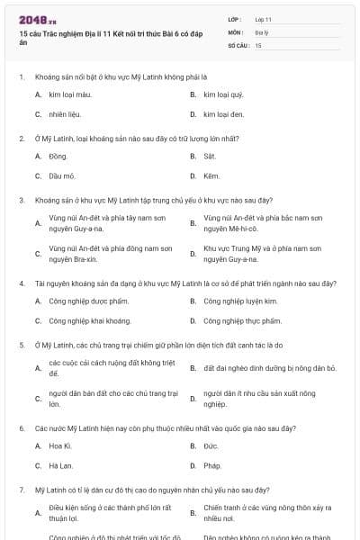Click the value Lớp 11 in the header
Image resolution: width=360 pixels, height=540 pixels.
(x=264, y=18)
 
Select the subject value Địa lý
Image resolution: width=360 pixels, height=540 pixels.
(x=261, y=31)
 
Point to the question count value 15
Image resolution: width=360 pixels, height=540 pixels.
(x=258, y=44)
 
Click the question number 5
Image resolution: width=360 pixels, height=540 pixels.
(x=22, y=345)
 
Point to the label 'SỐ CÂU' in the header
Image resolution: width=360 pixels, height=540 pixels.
(x=238, y=44)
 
